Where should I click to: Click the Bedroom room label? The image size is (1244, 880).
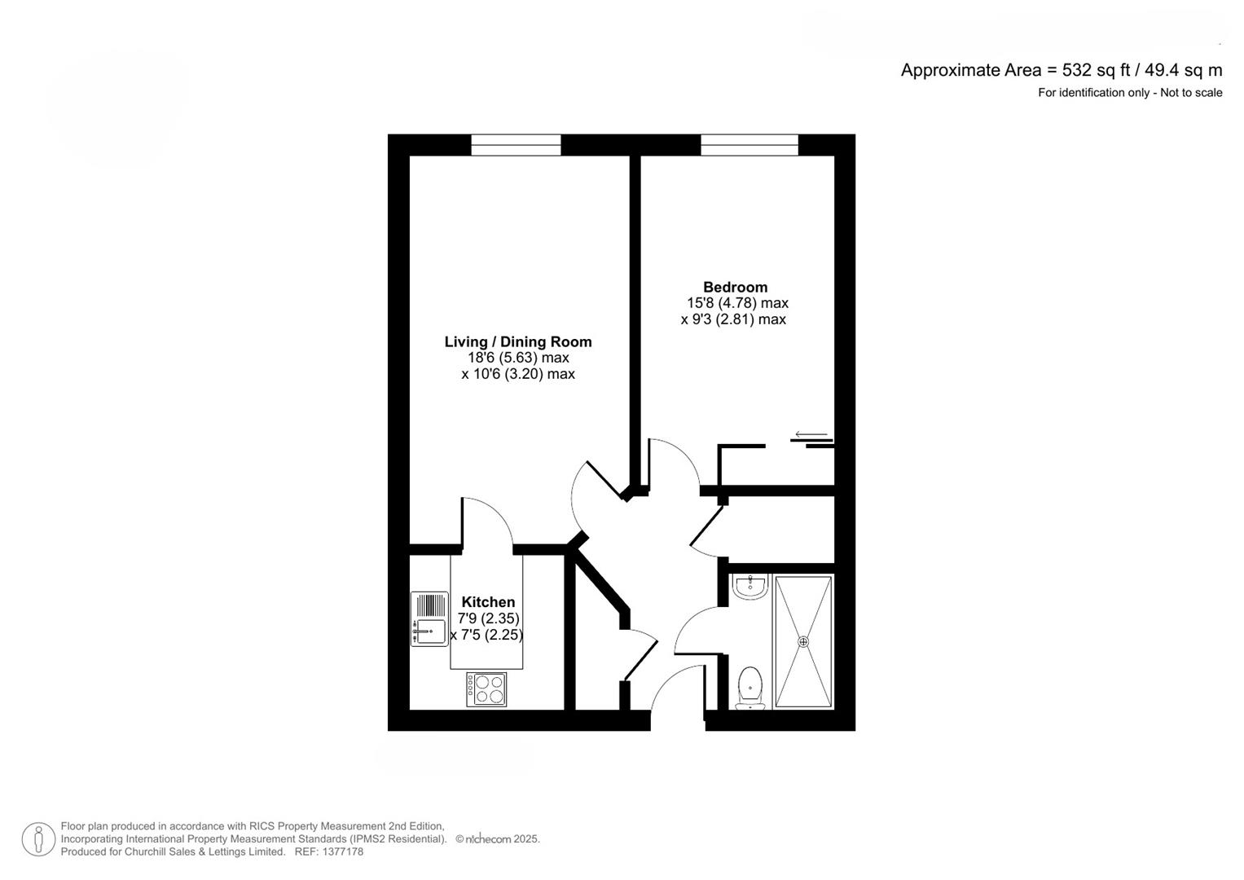point(735,287)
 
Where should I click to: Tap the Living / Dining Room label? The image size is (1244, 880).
point(517,342)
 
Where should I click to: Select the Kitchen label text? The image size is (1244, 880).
point(488,602)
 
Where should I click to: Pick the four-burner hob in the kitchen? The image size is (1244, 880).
point(486,689)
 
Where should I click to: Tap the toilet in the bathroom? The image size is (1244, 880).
point(749,686)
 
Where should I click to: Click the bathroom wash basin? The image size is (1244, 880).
point(749,586)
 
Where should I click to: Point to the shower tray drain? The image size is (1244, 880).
point(804,641)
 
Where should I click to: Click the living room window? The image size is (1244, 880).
point(516,145)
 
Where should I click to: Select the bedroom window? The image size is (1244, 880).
point(749,145)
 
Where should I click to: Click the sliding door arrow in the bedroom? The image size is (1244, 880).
point(811,434)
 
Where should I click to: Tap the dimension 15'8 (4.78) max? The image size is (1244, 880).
point(737,303)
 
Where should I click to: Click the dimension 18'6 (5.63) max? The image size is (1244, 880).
point(517,358)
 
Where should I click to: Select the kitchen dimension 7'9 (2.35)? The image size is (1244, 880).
point(488,618)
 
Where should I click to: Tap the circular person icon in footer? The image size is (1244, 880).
point(38,839)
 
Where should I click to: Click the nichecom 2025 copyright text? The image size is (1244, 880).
point(498,839)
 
